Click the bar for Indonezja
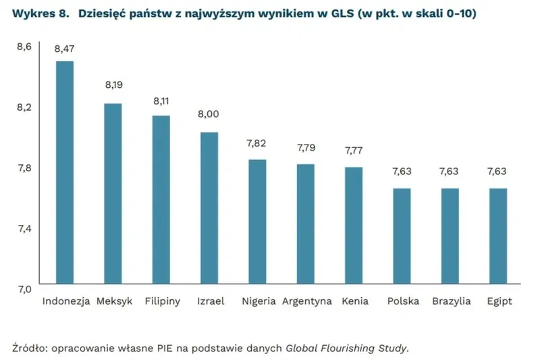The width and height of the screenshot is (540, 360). [65, 172]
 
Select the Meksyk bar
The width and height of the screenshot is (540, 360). [113, 193]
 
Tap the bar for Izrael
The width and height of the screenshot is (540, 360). [209, 207]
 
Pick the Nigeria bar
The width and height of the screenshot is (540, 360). [257, 222]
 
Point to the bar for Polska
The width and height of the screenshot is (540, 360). [402, 236]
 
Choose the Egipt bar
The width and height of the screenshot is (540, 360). [498, 236]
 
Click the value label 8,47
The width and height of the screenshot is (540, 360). [65, 48]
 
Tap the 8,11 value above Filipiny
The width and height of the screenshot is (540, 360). [161, 101]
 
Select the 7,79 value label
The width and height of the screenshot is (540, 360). [306, 147]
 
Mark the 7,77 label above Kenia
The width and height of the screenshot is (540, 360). [354, 151]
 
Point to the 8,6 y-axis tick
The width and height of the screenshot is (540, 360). [24, 46]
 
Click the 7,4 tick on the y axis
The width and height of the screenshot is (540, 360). [24, 228]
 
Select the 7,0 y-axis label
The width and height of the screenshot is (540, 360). [24, 289]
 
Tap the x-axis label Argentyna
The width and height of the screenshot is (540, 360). [308, 301]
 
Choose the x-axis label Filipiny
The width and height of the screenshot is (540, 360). [163, 301]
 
